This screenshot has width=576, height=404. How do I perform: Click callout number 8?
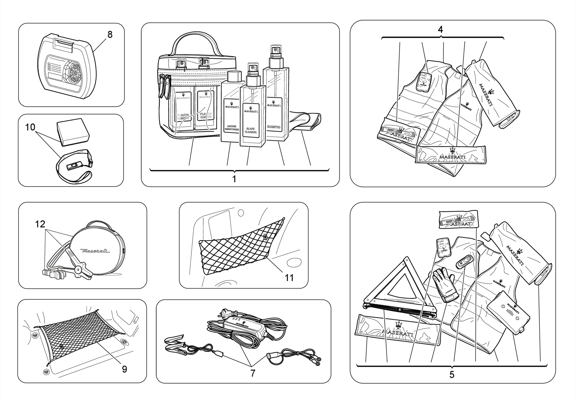(110, 35)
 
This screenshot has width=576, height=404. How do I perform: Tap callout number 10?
(30, 127)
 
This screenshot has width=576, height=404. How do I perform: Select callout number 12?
(40, 224)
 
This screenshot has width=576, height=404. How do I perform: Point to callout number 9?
(124, 369)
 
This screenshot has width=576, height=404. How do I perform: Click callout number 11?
(289, 278)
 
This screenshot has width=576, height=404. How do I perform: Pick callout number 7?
(253, 373)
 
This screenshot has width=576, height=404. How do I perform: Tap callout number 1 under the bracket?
(234, 179)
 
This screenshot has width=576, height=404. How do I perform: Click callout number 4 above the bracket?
(440, 29)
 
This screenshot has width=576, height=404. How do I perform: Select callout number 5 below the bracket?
(451, 374)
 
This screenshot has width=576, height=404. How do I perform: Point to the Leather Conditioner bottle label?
(231, 115)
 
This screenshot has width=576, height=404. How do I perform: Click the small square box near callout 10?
(73, 132)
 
